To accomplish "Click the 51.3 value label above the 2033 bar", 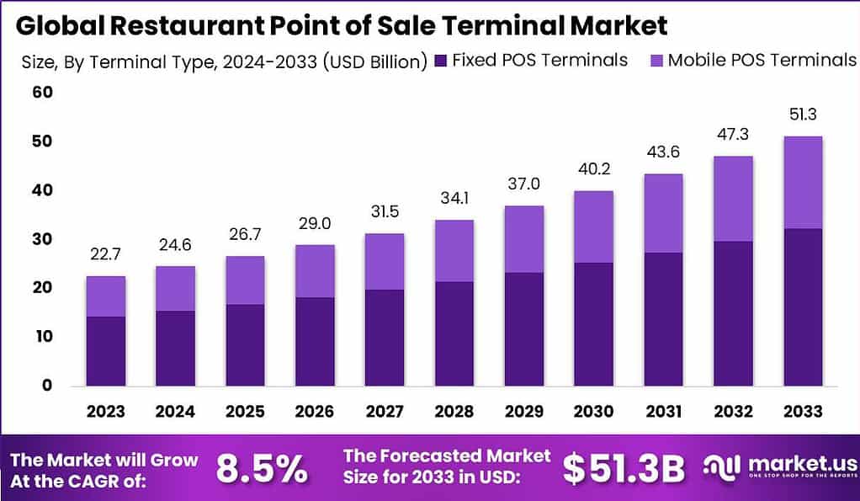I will tap(802, 115).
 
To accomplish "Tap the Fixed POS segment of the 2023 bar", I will tap(105, 350).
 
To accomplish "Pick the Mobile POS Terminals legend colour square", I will tap(656, 61).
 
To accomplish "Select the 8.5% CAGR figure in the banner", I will tap(262, 469).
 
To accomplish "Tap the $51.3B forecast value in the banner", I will tap(624, 469).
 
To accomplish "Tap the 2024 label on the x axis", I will tap(175, 412).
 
